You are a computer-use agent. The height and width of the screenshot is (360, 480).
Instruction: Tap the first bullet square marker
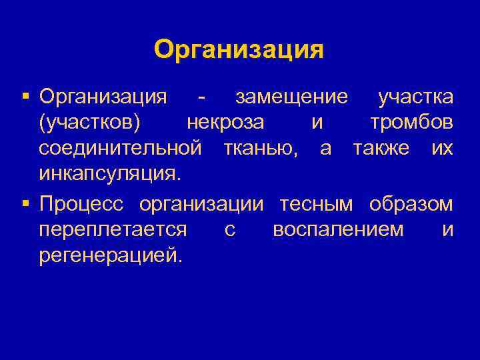[x=25, y=97]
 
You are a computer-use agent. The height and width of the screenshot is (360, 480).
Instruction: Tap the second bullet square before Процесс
[x=25, y=203]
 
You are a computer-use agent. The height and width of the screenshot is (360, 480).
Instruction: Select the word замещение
[x=291, y=97]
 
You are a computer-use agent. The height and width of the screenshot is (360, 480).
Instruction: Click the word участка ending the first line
[x=415, y=97]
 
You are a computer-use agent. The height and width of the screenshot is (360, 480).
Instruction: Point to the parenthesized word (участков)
[x=89, y=123]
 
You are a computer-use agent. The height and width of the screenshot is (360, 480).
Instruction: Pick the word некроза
[x=225, y=123]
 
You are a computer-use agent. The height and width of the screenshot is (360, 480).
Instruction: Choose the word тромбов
[x=411, y=123]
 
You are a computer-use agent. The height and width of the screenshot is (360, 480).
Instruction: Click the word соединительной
[x=120, y=149]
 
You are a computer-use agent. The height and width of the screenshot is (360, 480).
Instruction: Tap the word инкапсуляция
[x=109, y=175]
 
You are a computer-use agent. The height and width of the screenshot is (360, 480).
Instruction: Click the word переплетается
[x=113, y=230]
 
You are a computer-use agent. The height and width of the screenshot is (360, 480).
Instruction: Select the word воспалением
[x=338, y=230]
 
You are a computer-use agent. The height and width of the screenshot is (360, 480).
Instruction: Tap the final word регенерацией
[x=109, y=256]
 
